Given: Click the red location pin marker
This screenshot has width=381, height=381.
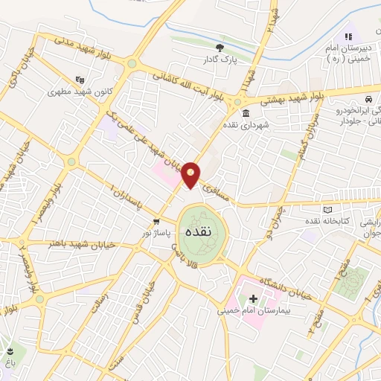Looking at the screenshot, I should pyautogui.click(x=191, y=175).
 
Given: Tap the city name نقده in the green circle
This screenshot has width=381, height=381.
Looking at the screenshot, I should pyautogui.click(x=196, y=231).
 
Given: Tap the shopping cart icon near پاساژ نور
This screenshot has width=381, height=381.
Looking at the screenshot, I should pyautogui.click(x=156, y=221).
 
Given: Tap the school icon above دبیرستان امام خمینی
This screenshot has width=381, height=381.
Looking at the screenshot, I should pyautogui.click(x=348, y=36).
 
